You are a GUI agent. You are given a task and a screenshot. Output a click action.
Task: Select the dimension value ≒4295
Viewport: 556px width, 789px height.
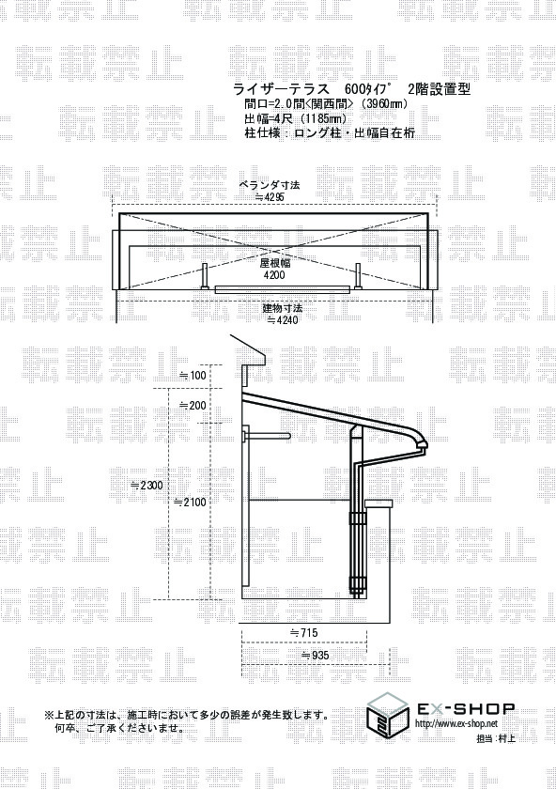[270, 196]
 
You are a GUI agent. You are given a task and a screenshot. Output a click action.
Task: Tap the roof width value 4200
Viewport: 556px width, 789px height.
[274, 274]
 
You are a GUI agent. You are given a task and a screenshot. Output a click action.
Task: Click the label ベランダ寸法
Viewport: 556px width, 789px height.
[270, 185]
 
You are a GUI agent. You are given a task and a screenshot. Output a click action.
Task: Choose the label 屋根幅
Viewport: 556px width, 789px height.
[275, 263]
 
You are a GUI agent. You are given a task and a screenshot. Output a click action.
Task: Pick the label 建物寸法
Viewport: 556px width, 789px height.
[283, 307]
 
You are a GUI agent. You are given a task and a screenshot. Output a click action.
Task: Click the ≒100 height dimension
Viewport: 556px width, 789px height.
[193, 375]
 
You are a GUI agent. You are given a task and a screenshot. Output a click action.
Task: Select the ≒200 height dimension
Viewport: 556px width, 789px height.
[193, 405]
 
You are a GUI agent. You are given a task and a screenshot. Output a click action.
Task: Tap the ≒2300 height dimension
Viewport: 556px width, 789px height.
[147, 485]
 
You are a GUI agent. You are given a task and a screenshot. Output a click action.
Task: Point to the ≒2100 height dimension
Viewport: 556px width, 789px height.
[190, 502]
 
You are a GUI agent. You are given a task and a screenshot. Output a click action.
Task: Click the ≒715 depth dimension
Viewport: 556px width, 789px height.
[304, 632]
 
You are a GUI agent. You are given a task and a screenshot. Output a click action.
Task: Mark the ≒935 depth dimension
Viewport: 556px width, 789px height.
[315, 656]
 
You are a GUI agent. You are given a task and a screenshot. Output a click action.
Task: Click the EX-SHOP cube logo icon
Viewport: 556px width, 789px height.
[389, 715]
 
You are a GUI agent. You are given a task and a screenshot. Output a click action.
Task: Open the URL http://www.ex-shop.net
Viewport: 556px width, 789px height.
[456, 724]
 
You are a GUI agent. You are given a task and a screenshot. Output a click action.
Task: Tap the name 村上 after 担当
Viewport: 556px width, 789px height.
[506, 738]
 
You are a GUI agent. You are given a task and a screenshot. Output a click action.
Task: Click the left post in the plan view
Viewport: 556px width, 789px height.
[206, 276]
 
